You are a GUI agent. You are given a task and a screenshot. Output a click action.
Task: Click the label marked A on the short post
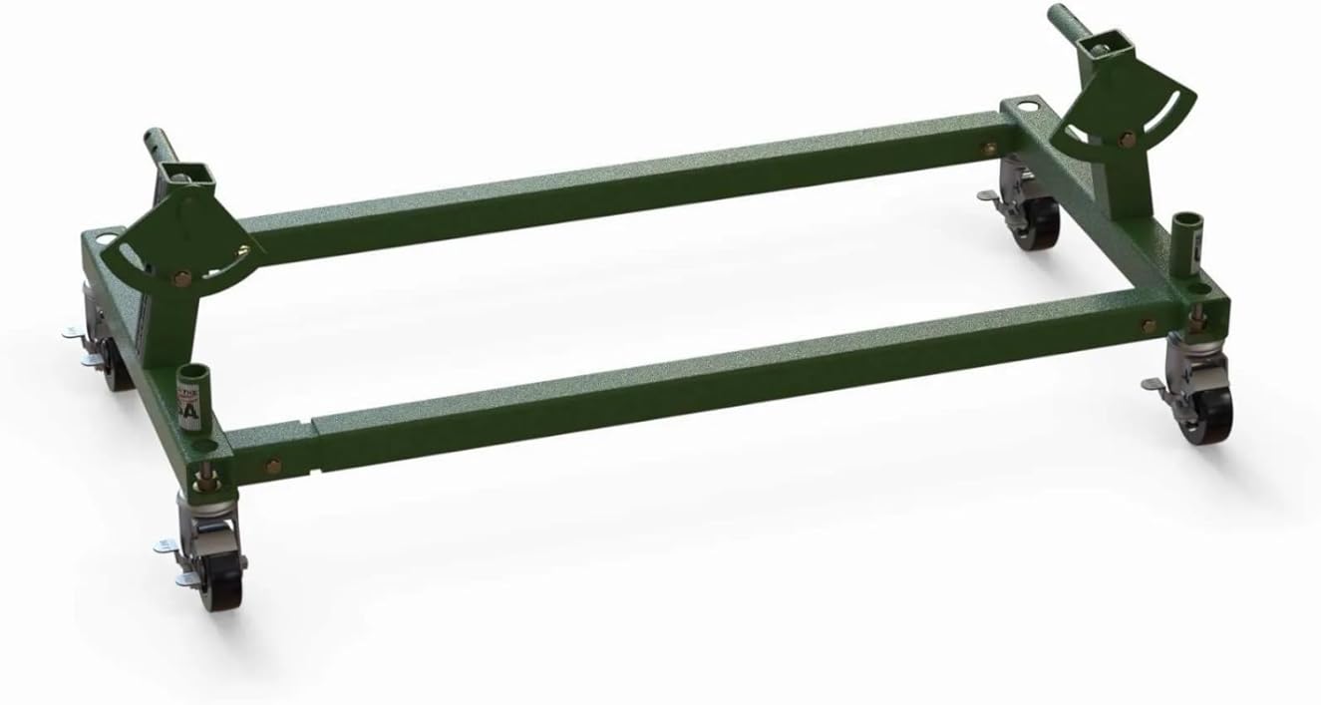[186, 407]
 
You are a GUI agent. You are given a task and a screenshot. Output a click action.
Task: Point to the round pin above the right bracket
[1059, 21]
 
